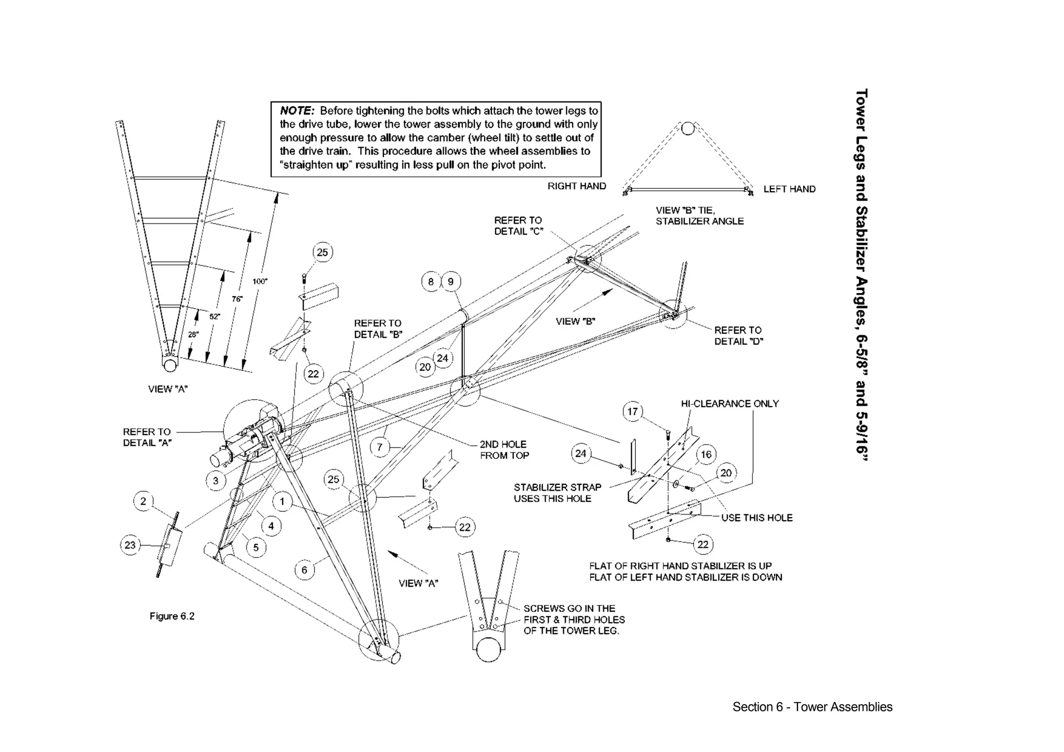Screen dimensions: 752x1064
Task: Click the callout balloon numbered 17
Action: pyautogui.click(x=632, y=412)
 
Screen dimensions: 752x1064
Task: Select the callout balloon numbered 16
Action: pyautogui.click(x=706, y=455)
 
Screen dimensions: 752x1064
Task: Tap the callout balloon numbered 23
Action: pyautogui.click(x=130, y=545)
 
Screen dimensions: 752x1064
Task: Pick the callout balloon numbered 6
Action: pyautogui.click(x=304, y=570)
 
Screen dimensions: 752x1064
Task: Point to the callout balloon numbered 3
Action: pyautogui.click(x=216, y=480)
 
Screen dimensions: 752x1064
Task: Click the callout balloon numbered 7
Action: pyautogui.click(x=380, y=447)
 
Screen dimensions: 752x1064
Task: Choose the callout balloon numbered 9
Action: pyautogui.click(x=450, y=282)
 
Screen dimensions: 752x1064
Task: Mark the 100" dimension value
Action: pyautogui.click(x=260, y=281)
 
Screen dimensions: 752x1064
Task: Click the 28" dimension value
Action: pyautogui.click(x=193, y=335)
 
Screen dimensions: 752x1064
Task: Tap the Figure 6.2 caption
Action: pyautogui.click(x=172, y=616)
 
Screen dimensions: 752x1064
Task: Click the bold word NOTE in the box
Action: pyautogui.click(x=297, y=111)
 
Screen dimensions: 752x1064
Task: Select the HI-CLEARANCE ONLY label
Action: pyautogui.click(x=729, y=404)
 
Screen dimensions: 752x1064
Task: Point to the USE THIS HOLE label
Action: pyautogui.click(x=756, y=518)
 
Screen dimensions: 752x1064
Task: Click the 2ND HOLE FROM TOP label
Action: pyautogui.click(x=503, y=450)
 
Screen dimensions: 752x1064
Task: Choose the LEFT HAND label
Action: pyautogui.click(x=789, y=189)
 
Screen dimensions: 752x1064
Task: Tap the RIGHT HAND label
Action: pyautogui.click(x=577, y=186)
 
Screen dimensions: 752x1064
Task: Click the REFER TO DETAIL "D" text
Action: pyautogui.click(x=738, y=335)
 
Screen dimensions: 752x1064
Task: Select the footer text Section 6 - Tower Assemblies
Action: pyautogui.click(x=812, y=707)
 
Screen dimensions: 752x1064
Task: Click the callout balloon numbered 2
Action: pyautogui.click(x=143, y=501)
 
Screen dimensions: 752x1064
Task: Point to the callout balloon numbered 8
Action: pyautogui.click(x=431, y=282)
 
